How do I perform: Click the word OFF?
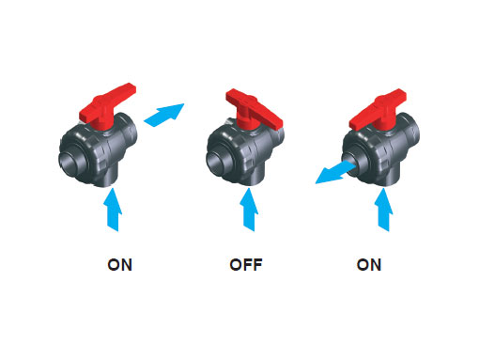tap(246, 265)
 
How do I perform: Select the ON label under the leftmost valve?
tap(120, 265)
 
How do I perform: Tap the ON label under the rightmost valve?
tap(369, 265)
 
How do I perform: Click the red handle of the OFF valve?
tap(253, 111)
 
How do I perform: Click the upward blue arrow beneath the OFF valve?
tap(249, 210)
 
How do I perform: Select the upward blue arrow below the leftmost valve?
tap(113, 210)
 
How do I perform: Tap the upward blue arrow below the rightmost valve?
tap(384, 210)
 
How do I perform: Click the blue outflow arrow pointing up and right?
tap(164, 115)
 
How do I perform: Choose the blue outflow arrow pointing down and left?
tap(334, 173)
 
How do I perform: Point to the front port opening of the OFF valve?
tap(218, 163)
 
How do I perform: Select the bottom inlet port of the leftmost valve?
tap(107, 177)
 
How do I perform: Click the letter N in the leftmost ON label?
tap(127, 265)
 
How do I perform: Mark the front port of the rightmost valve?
tap(353, 163)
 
